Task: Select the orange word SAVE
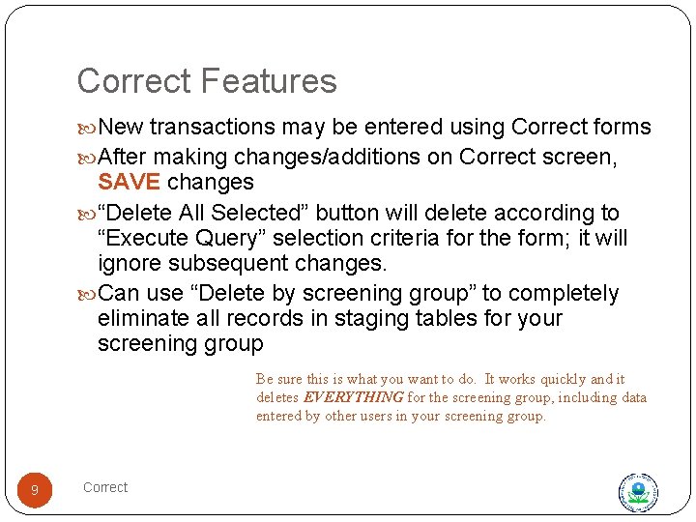pos(130,183)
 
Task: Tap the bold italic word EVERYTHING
pos(354,397)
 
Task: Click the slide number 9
pos(35,491)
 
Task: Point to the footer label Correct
pos(105,487)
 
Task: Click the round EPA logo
pos(638,492)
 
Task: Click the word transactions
pos(213,128)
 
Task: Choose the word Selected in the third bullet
pos(253,213)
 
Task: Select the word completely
pos(564,294)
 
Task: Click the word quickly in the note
pos(565,379)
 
